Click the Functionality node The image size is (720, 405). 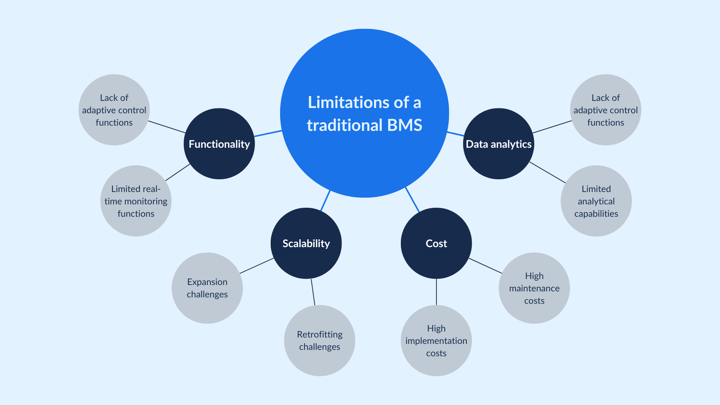coord(219,144)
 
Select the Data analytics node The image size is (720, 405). coord(498,144)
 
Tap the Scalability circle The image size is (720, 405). coord(306,243)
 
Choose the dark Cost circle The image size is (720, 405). coord(436,243)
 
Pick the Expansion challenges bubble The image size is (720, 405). coord(207,288)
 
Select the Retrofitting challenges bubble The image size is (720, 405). coord(319,340)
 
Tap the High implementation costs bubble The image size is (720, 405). coord(436,340)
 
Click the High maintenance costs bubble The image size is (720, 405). coord(534,288)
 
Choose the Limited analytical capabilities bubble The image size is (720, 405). coord(596,201)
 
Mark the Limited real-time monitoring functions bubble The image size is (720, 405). coord(136,201)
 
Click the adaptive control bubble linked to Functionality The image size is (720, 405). coord(114,110)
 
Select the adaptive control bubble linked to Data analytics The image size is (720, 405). coord(605,110)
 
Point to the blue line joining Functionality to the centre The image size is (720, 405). coord(268,133)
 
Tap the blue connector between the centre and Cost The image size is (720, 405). coord(412,199)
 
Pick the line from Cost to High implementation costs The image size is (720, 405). coord(436,292)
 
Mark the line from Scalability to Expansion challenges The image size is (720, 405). coord(257,266)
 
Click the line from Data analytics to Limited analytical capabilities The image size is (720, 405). coord(547,172)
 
